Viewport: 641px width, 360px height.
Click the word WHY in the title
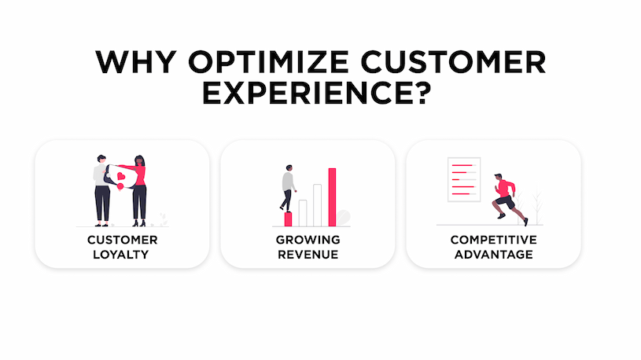[136, 62]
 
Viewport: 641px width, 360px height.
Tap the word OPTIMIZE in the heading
[268, 62]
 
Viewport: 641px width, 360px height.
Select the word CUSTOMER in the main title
[453, 62]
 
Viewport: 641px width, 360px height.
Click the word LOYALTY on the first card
[120, 255]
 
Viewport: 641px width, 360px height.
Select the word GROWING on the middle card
[308, 240]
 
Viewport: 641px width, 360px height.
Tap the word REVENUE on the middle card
[308, 255]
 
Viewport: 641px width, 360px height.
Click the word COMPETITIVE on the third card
[493, 240]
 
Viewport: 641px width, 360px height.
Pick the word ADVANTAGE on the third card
[493, 255]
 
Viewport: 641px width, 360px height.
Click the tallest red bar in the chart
[332, 197]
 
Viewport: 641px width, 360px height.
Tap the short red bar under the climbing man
[288, 219]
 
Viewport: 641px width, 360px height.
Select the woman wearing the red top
[138, 190]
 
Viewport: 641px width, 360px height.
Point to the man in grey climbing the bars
[288, 188]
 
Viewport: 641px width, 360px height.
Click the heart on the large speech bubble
[121, 177]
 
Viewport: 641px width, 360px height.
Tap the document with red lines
[464, 179]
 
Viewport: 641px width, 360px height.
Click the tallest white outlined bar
[317, 205]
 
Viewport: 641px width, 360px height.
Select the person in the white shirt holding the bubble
[101, 190]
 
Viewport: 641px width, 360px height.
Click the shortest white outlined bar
[303, 213]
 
